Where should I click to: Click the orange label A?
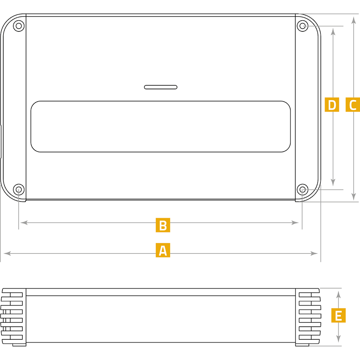[163, 250]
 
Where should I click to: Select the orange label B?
[163, 225]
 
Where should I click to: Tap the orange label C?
[353, 105]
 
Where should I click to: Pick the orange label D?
[332, 105]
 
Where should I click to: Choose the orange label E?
[339, 315]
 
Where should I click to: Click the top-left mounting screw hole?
[19, 26]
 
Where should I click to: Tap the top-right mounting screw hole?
[303, 26]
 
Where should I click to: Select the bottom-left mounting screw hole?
[19, 190]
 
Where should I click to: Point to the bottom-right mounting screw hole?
[303, 190]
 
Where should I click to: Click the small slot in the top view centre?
[161, 87]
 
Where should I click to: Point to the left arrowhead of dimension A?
[7, 254]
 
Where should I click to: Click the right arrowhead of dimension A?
[314, 254]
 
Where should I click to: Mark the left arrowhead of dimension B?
[24, 223]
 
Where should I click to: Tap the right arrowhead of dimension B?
[295, 223]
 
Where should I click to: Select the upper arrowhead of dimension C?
[354, 20]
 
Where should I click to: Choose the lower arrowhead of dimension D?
[333, 182]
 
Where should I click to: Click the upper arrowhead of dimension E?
[339, 295]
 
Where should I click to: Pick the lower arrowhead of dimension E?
[339, 339]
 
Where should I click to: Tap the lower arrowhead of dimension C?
[354, 197]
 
